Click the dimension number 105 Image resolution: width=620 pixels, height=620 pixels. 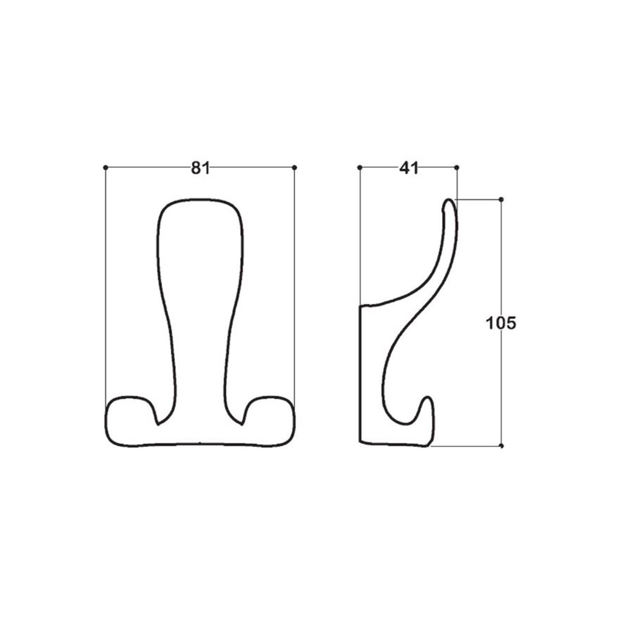pyautogui.click(x=501, y=323)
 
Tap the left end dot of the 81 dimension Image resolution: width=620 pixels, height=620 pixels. pyautogui.click(x=105, y=167)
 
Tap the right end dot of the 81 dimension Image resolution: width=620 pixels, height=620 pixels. pyautogui.click(x=295, y=167)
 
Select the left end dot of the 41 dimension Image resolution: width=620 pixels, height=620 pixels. pyautogui.click(x=360, y=167)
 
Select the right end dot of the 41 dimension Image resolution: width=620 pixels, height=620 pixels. pyautogui.click(x=457, y=167)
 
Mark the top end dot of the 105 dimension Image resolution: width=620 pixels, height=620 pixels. pyautogui.click(x=501, y=199)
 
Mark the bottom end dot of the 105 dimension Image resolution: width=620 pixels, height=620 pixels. pyautogui.click(x=502, y=446)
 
